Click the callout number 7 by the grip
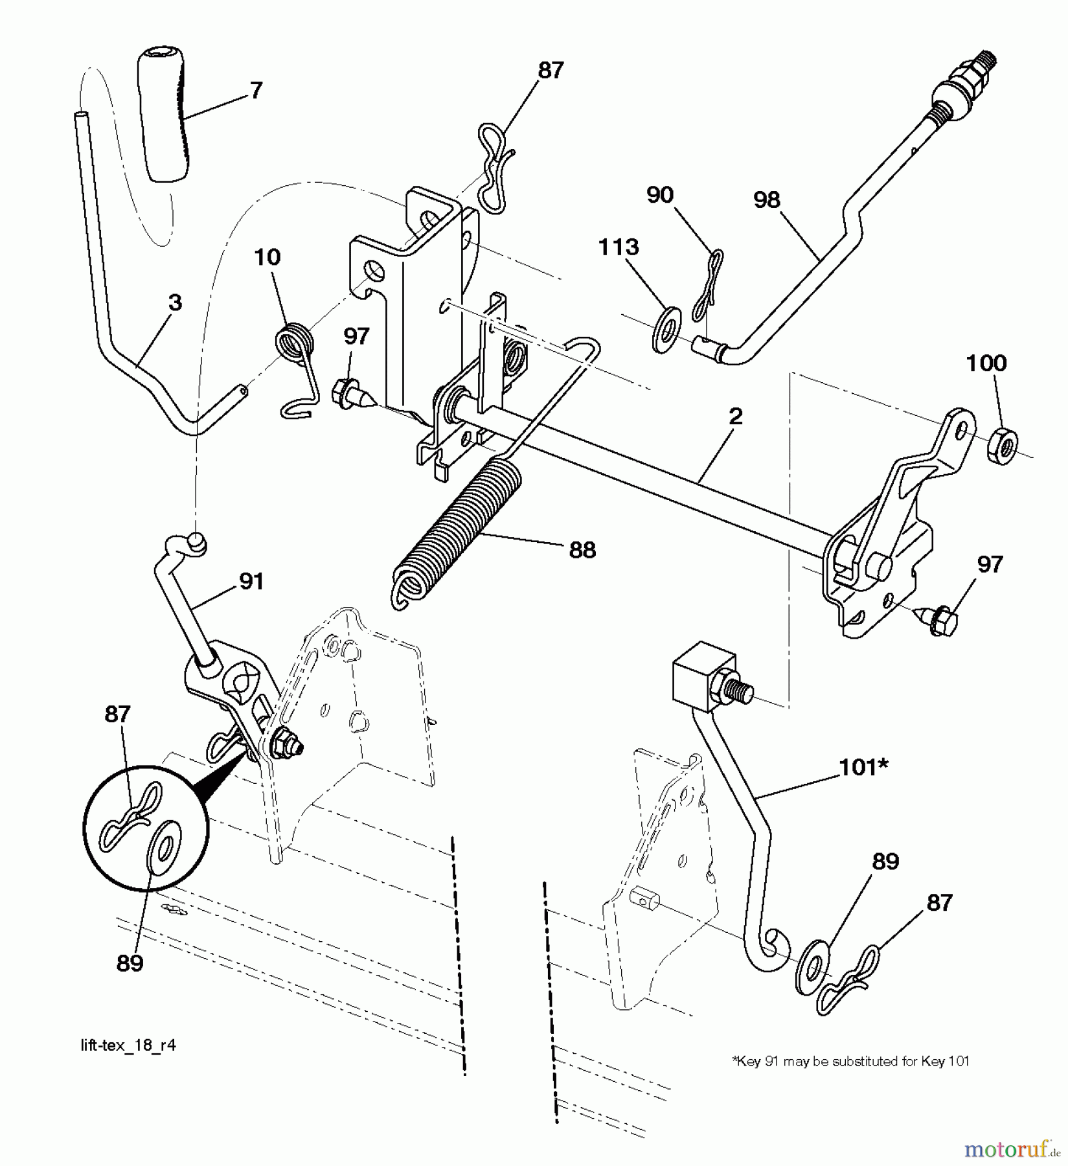256,91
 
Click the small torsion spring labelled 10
297,343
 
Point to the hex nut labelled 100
1001,446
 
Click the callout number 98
767,200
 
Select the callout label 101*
864,767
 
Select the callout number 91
251,582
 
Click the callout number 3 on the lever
175,303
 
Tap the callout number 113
619,247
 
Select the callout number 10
267,257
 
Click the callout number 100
986,363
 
